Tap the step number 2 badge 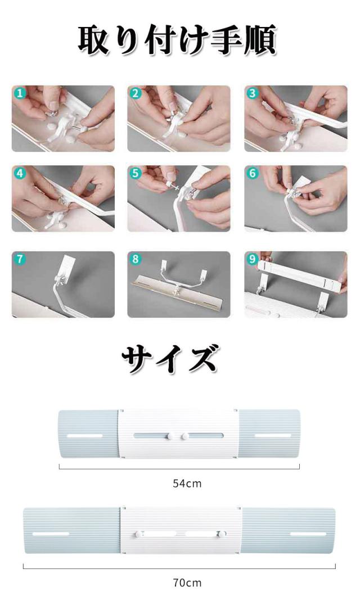136,93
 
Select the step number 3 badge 253,93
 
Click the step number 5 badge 136,173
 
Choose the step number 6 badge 253,173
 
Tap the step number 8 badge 136,259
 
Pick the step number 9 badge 253,259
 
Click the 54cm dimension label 187,484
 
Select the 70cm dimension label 187,583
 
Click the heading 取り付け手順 177,40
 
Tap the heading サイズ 170,358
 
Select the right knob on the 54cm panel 185,436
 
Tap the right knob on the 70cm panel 221,534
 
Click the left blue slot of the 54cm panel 85,436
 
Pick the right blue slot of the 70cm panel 308,534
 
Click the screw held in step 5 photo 174,187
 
